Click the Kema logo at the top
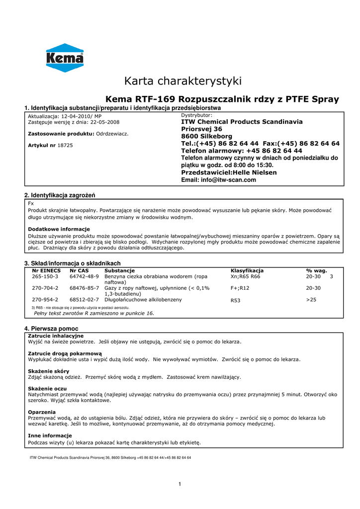[x=65, y=58]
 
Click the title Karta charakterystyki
[x=182, y=81]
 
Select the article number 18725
[x=66, y=145]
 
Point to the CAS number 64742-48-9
[x=84, y=276]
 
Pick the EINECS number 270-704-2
[x=45, y=288]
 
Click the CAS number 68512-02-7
[x=84, y=300]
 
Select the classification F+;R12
[x=240, y=288]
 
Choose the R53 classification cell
[x=236, y=300]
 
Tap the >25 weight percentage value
[x=311, y=300]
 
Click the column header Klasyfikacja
[x=247, y=270]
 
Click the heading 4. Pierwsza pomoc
[x=51, y=329]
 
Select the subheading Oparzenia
[x=42, y=412]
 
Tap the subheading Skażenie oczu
[x=47, y=388]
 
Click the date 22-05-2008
[x=105, y=122]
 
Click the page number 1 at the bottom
[x=180, y=485]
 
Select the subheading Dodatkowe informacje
[x=59, y=229]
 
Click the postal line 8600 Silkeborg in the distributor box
[x=206, y=136]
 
